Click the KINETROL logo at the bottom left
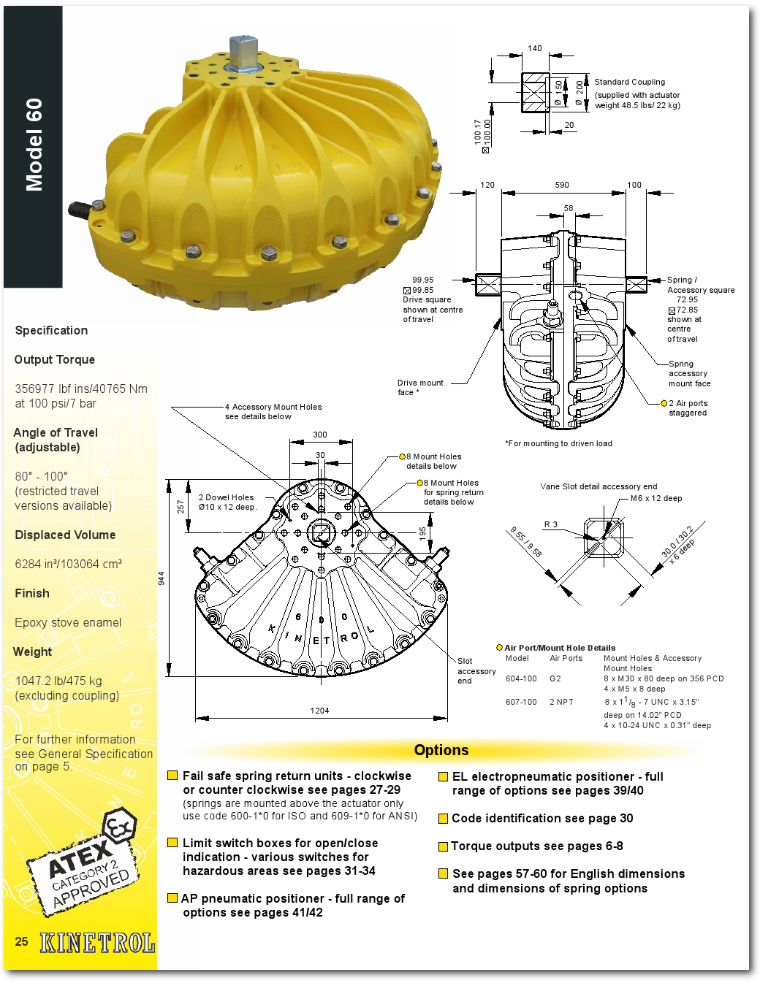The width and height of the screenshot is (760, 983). pos(97,943)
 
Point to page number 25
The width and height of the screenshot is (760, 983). pos(22,941)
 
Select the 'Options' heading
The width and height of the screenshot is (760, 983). pos(441,750)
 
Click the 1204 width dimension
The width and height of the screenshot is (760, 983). pos(319,711)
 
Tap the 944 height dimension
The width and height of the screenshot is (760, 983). pos(161,578)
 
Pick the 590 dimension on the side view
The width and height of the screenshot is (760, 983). pos(562,185)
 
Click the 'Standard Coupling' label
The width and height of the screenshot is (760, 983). pos(629,82)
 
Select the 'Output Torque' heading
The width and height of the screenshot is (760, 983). pos(55,359)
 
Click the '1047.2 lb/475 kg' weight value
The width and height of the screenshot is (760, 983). pos(58,681)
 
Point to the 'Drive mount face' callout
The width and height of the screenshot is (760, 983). pos(419,387)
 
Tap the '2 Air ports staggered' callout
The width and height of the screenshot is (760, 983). pos(688,408)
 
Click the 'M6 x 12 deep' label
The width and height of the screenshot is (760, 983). pos(656,498)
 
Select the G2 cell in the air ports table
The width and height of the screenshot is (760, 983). pos(555,678)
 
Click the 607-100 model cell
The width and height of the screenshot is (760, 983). pos(521,702)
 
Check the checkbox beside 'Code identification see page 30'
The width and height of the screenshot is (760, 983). pos(443,819)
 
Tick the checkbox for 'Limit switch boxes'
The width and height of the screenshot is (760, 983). pos(172,843)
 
